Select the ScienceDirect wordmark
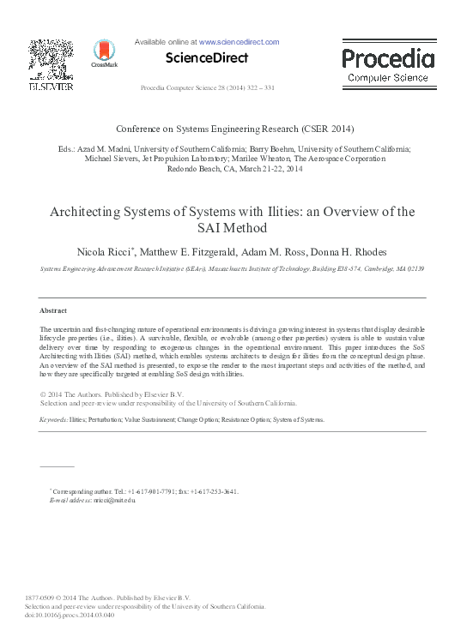[x=207, y=58]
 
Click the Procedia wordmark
[x=388, y=58]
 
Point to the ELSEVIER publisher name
[x=51, y=86]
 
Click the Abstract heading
[x=53, y=309]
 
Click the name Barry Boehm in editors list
[x=294, y=149]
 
